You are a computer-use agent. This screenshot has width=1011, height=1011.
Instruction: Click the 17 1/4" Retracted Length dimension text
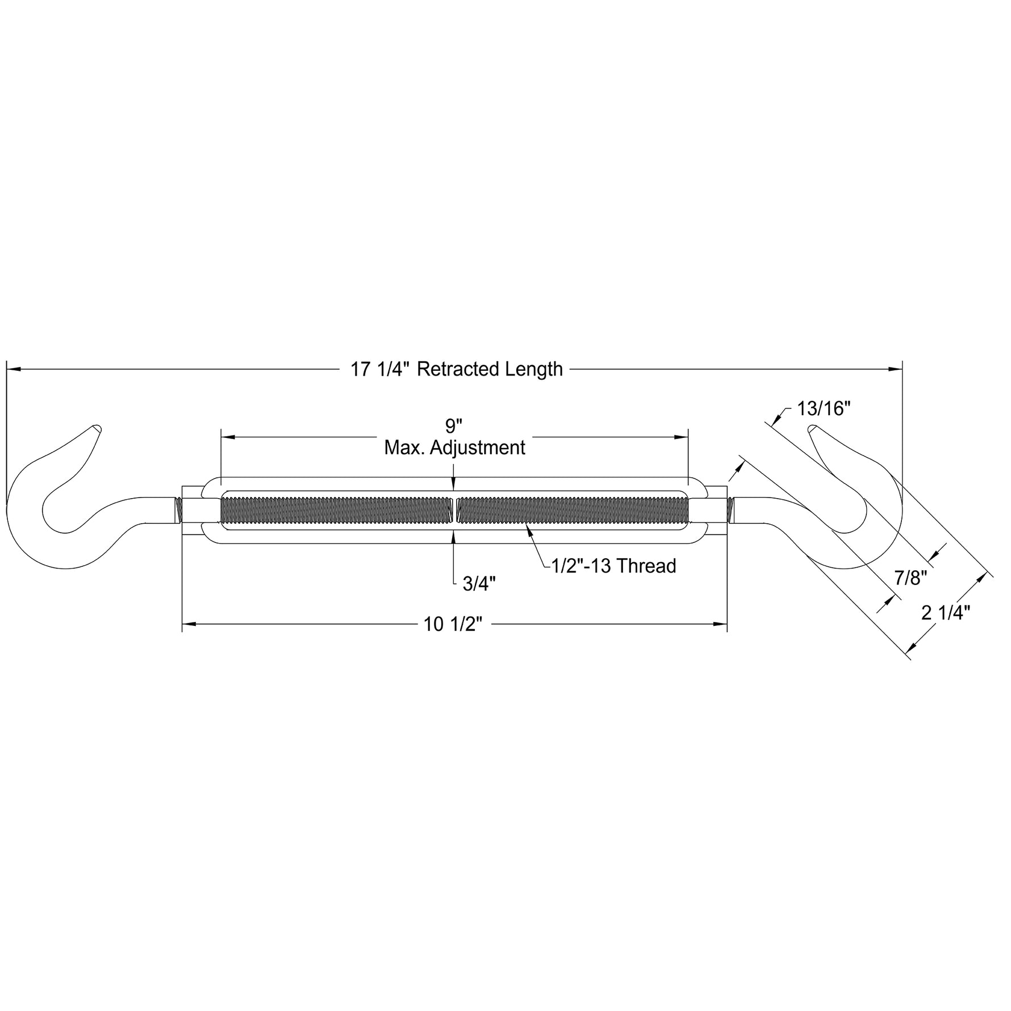(457, 369)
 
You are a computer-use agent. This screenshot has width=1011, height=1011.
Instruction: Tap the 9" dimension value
(454, 426)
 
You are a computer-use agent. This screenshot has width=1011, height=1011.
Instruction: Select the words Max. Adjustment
(454, 448)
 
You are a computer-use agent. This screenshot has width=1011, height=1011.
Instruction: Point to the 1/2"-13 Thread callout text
(614, 566)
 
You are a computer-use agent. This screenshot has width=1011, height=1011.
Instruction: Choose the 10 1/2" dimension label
(453, 625)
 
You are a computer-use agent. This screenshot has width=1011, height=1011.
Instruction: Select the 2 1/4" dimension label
(946, 613)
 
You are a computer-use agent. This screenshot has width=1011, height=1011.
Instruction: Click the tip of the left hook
(98, 428)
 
